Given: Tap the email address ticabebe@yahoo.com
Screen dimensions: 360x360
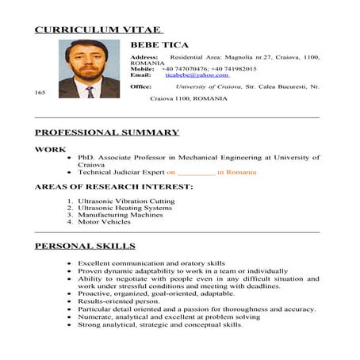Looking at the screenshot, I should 197,75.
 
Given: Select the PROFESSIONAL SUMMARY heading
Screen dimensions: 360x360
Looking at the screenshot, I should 107,132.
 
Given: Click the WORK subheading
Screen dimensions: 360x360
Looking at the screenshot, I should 50,148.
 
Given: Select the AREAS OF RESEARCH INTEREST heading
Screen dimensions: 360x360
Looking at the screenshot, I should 113,186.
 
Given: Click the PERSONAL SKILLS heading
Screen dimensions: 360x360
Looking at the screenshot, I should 85,246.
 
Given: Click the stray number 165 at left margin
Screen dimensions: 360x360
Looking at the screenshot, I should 40,92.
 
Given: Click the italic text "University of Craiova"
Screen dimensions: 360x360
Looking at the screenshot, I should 215,86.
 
